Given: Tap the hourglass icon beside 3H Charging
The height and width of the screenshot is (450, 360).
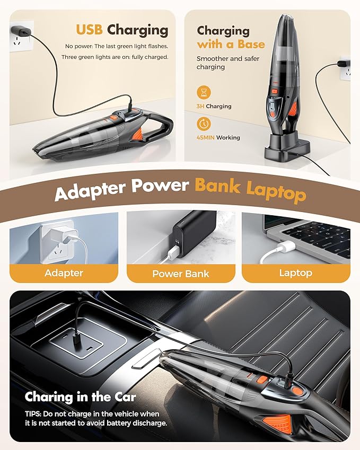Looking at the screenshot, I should click(x=204, y=93).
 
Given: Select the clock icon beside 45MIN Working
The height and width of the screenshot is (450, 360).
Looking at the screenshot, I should click(x=204, y=124).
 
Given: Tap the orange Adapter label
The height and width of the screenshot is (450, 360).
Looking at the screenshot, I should click(x=64, y=273).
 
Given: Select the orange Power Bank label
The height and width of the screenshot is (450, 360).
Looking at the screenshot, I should click(x=180, y=273).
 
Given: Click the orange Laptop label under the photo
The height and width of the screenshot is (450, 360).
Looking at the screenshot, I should click(x=295, y=273).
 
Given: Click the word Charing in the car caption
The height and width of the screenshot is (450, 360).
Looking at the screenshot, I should click(x=50, y=397).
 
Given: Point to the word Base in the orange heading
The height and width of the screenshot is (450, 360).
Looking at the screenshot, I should click(x=249, y=45).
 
